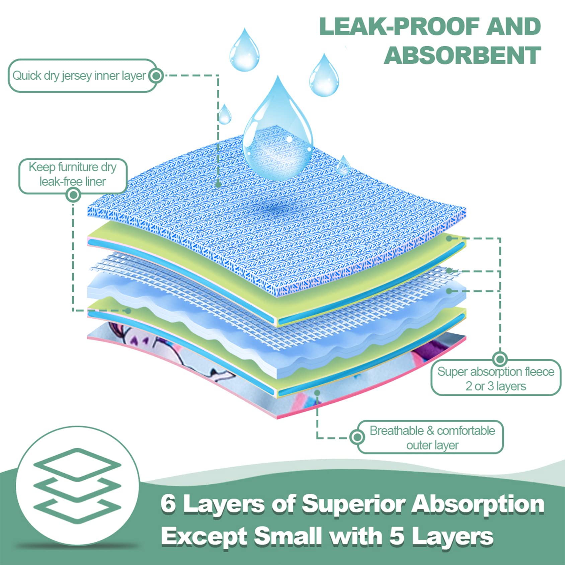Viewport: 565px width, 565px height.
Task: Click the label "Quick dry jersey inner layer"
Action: [79, 76]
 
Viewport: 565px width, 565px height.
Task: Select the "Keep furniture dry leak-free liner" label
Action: [73, 174]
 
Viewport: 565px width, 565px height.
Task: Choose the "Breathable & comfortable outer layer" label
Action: [432, 437]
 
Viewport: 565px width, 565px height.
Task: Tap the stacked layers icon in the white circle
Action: [77, 486]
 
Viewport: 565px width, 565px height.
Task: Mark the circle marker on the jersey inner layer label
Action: [156, 76]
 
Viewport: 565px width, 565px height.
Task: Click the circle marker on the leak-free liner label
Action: [73, 194]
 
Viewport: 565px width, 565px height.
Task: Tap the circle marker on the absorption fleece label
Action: [500, 359]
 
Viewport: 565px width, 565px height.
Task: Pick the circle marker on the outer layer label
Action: [357, 437]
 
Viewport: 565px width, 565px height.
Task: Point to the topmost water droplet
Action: [245, 51]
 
